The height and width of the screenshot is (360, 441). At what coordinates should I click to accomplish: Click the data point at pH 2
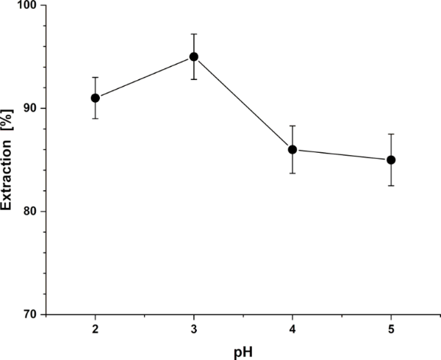(95, 98)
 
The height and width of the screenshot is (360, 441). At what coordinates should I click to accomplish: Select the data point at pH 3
(193, 57)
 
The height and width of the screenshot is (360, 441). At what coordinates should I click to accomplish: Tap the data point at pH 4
(293, 149)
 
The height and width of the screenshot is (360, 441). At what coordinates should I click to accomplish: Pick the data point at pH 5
(391, 159)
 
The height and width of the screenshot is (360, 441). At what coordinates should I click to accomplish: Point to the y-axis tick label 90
(35, 109)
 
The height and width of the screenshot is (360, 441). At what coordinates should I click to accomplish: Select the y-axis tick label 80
(35, 212)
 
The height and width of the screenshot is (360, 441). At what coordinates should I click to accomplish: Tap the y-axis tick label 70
(35, 314)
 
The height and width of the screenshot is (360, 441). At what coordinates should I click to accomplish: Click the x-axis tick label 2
(95, 328)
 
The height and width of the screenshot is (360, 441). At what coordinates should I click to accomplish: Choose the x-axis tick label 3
(193, 328)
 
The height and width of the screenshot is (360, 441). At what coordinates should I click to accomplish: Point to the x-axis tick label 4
(293, 328)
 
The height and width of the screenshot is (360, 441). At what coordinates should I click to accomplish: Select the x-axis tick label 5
(391, 328)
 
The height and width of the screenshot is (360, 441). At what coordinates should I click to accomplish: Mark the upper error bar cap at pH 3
(193, 34)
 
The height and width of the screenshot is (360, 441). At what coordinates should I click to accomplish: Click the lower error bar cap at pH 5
(391, 185)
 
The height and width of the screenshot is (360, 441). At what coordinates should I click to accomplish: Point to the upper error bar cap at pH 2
(95, 77)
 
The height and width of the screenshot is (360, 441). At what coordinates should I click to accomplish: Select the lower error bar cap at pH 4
(293, 173)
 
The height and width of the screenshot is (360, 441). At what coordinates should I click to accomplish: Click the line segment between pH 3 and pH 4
(243, 103)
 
